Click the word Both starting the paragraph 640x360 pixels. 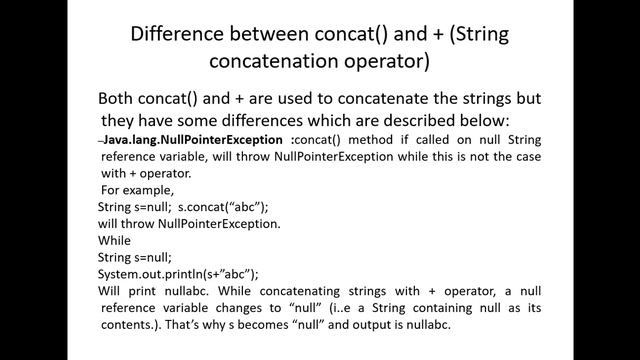(x=120, y=100)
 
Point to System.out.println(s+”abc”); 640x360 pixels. (x=178, y=274)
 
